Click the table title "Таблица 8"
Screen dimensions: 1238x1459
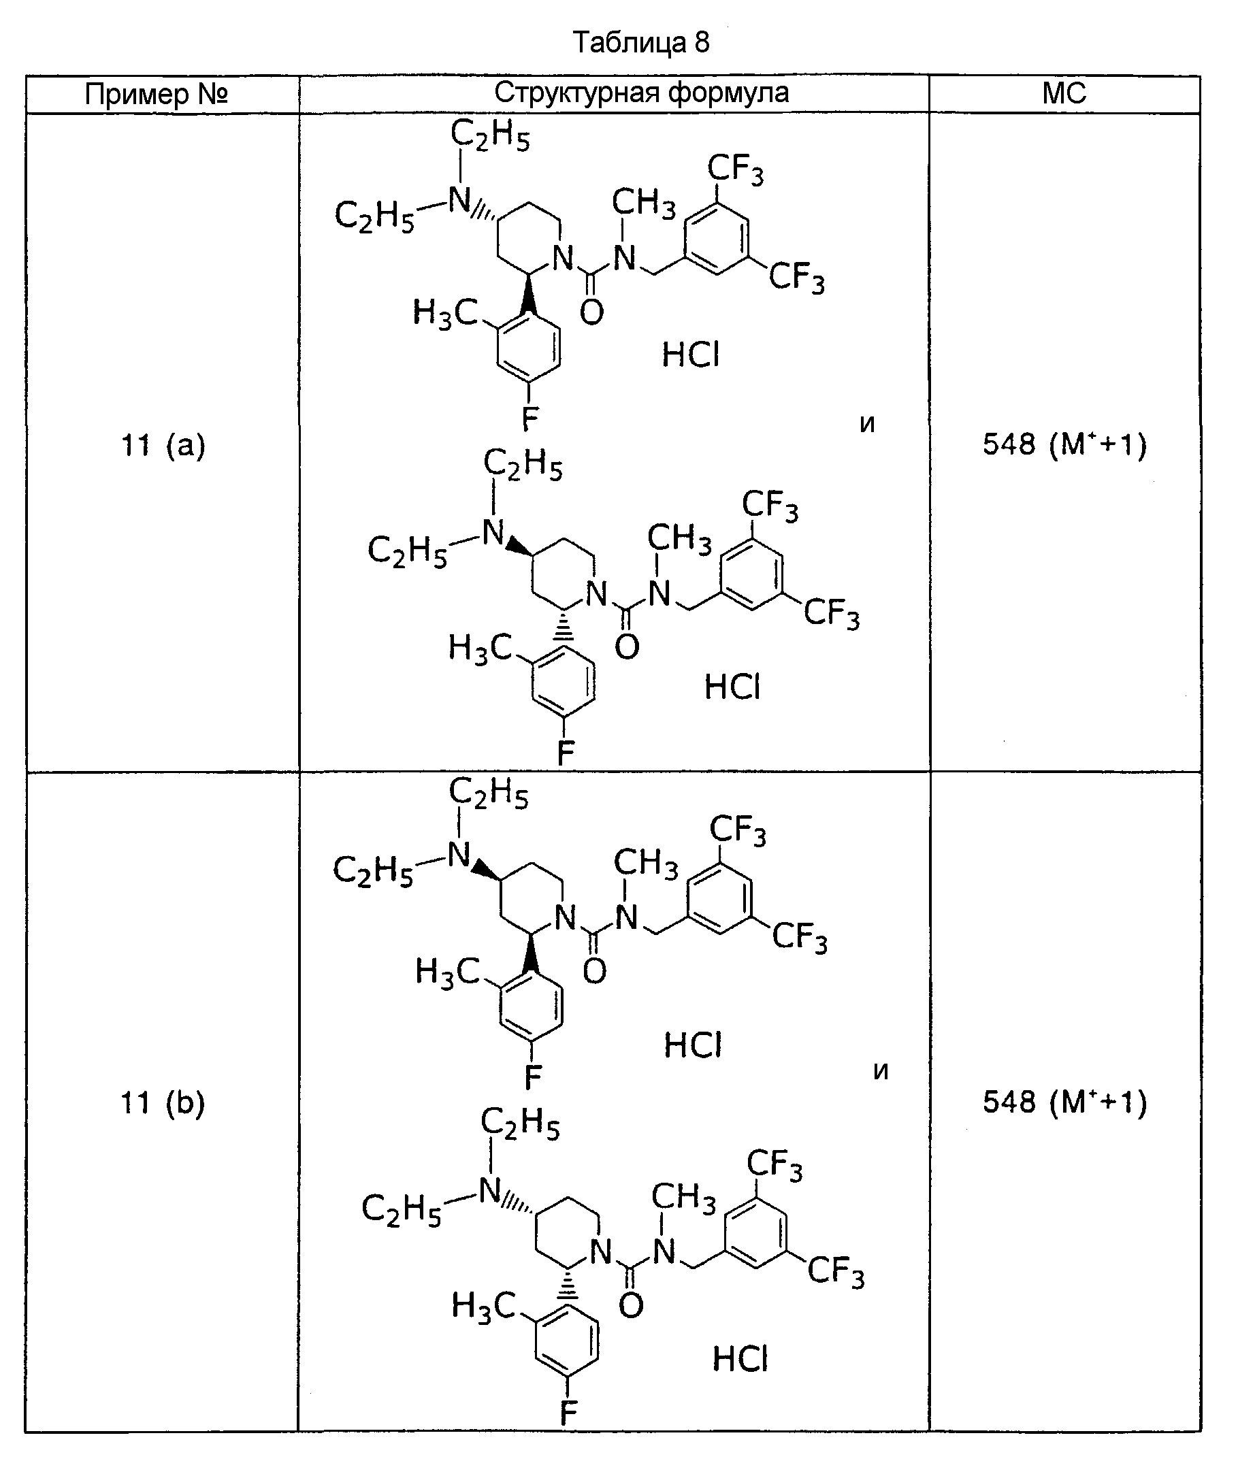[x=641, y=43]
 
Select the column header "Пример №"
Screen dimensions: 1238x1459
[x=157, y=93]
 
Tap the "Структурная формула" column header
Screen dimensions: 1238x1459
[x=641, y=93]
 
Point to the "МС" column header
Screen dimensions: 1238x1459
[x=1064, y=93]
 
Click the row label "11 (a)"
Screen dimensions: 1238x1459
[x=163, y=445]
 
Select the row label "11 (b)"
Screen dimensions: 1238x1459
[x=163, y=1103]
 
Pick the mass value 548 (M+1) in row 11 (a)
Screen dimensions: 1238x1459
[x=1064, y=444]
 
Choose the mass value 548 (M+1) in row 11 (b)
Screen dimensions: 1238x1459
[x=1064, y=1102]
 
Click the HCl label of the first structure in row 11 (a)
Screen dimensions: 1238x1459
[x=691, y=355]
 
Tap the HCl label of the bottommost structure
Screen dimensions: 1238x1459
[x=741, y=1360]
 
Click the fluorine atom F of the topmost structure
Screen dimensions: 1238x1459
[x=530, y=420]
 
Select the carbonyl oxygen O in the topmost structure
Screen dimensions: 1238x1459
[x=592, y=312]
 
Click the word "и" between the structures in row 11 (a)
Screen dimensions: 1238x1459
[x=868, y=424]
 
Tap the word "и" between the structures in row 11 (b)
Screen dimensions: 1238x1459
[x=881, y=1071]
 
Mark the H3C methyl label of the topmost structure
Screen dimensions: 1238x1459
[x=445, y=313]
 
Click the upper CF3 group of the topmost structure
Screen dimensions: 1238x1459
[x=736, y=170]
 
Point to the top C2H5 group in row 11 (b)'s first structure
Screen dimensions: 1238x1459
[x=489, y=793]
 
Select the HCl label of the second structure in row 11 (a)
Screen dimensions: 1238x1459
[x=733, y=687]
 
